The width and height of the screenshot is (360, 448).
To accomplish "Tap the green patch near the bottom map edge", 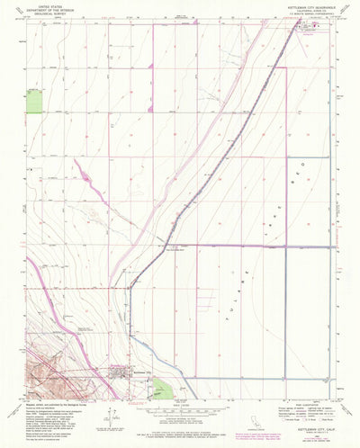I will click(x=161, y=388).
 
